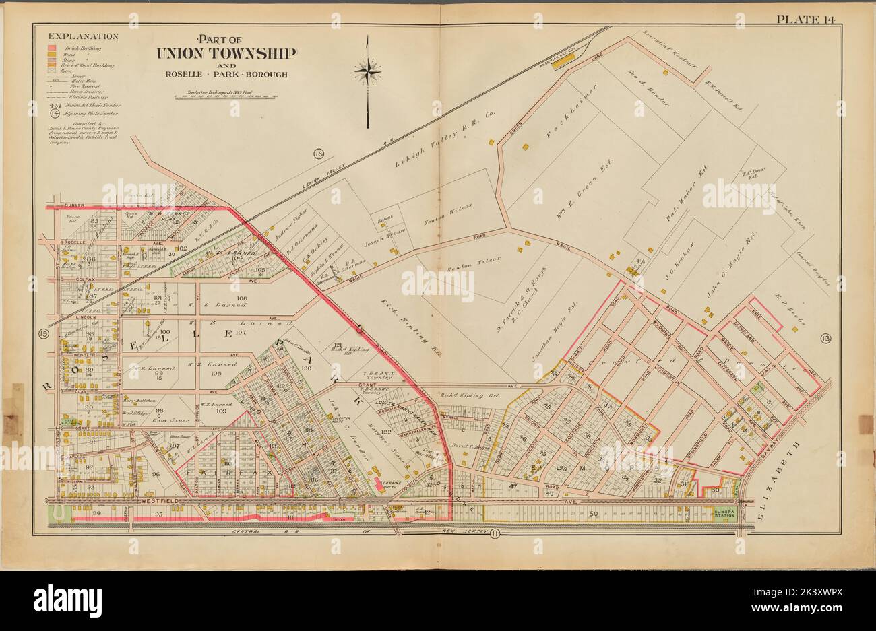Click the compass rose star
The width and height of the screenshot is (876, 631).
click(x=368, y=69)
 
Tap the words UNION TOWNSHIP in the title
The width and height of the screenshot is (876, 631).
click(x=226, y=53)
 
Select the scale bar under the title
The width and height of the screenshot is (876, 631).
click(x=226, y=96)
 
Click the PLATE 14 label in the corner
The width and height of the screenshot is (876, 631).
click(x=805, y=18)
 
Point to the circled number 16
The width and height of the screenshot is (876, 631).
click(x=318, y=154)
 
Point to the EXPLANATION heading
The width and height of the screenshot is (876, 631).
click(x=75, y=36)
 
